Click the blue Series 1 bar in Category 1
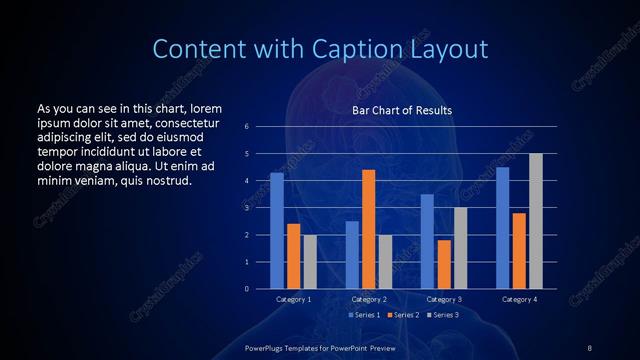(x=277, y=231)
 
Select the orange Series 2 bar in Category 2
(x=369, y=229)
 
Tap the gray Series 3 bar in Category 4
(x=536, y=221)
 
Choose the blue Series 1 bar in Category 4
(x=502, y=228)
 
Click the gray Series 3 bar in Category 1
(x=310, y=262)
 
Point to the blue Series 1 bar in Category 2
(x=352, y=255)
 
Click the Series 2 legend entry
(x=405, y=315)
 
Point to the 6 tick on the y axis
(x=247, y=127)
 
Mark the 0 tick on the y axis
(x=247, y=289)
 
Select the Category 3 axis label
(x=443, y=299)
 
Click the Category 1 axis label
(x=294, y=299)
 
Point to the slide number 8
(x=589, y=346)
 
